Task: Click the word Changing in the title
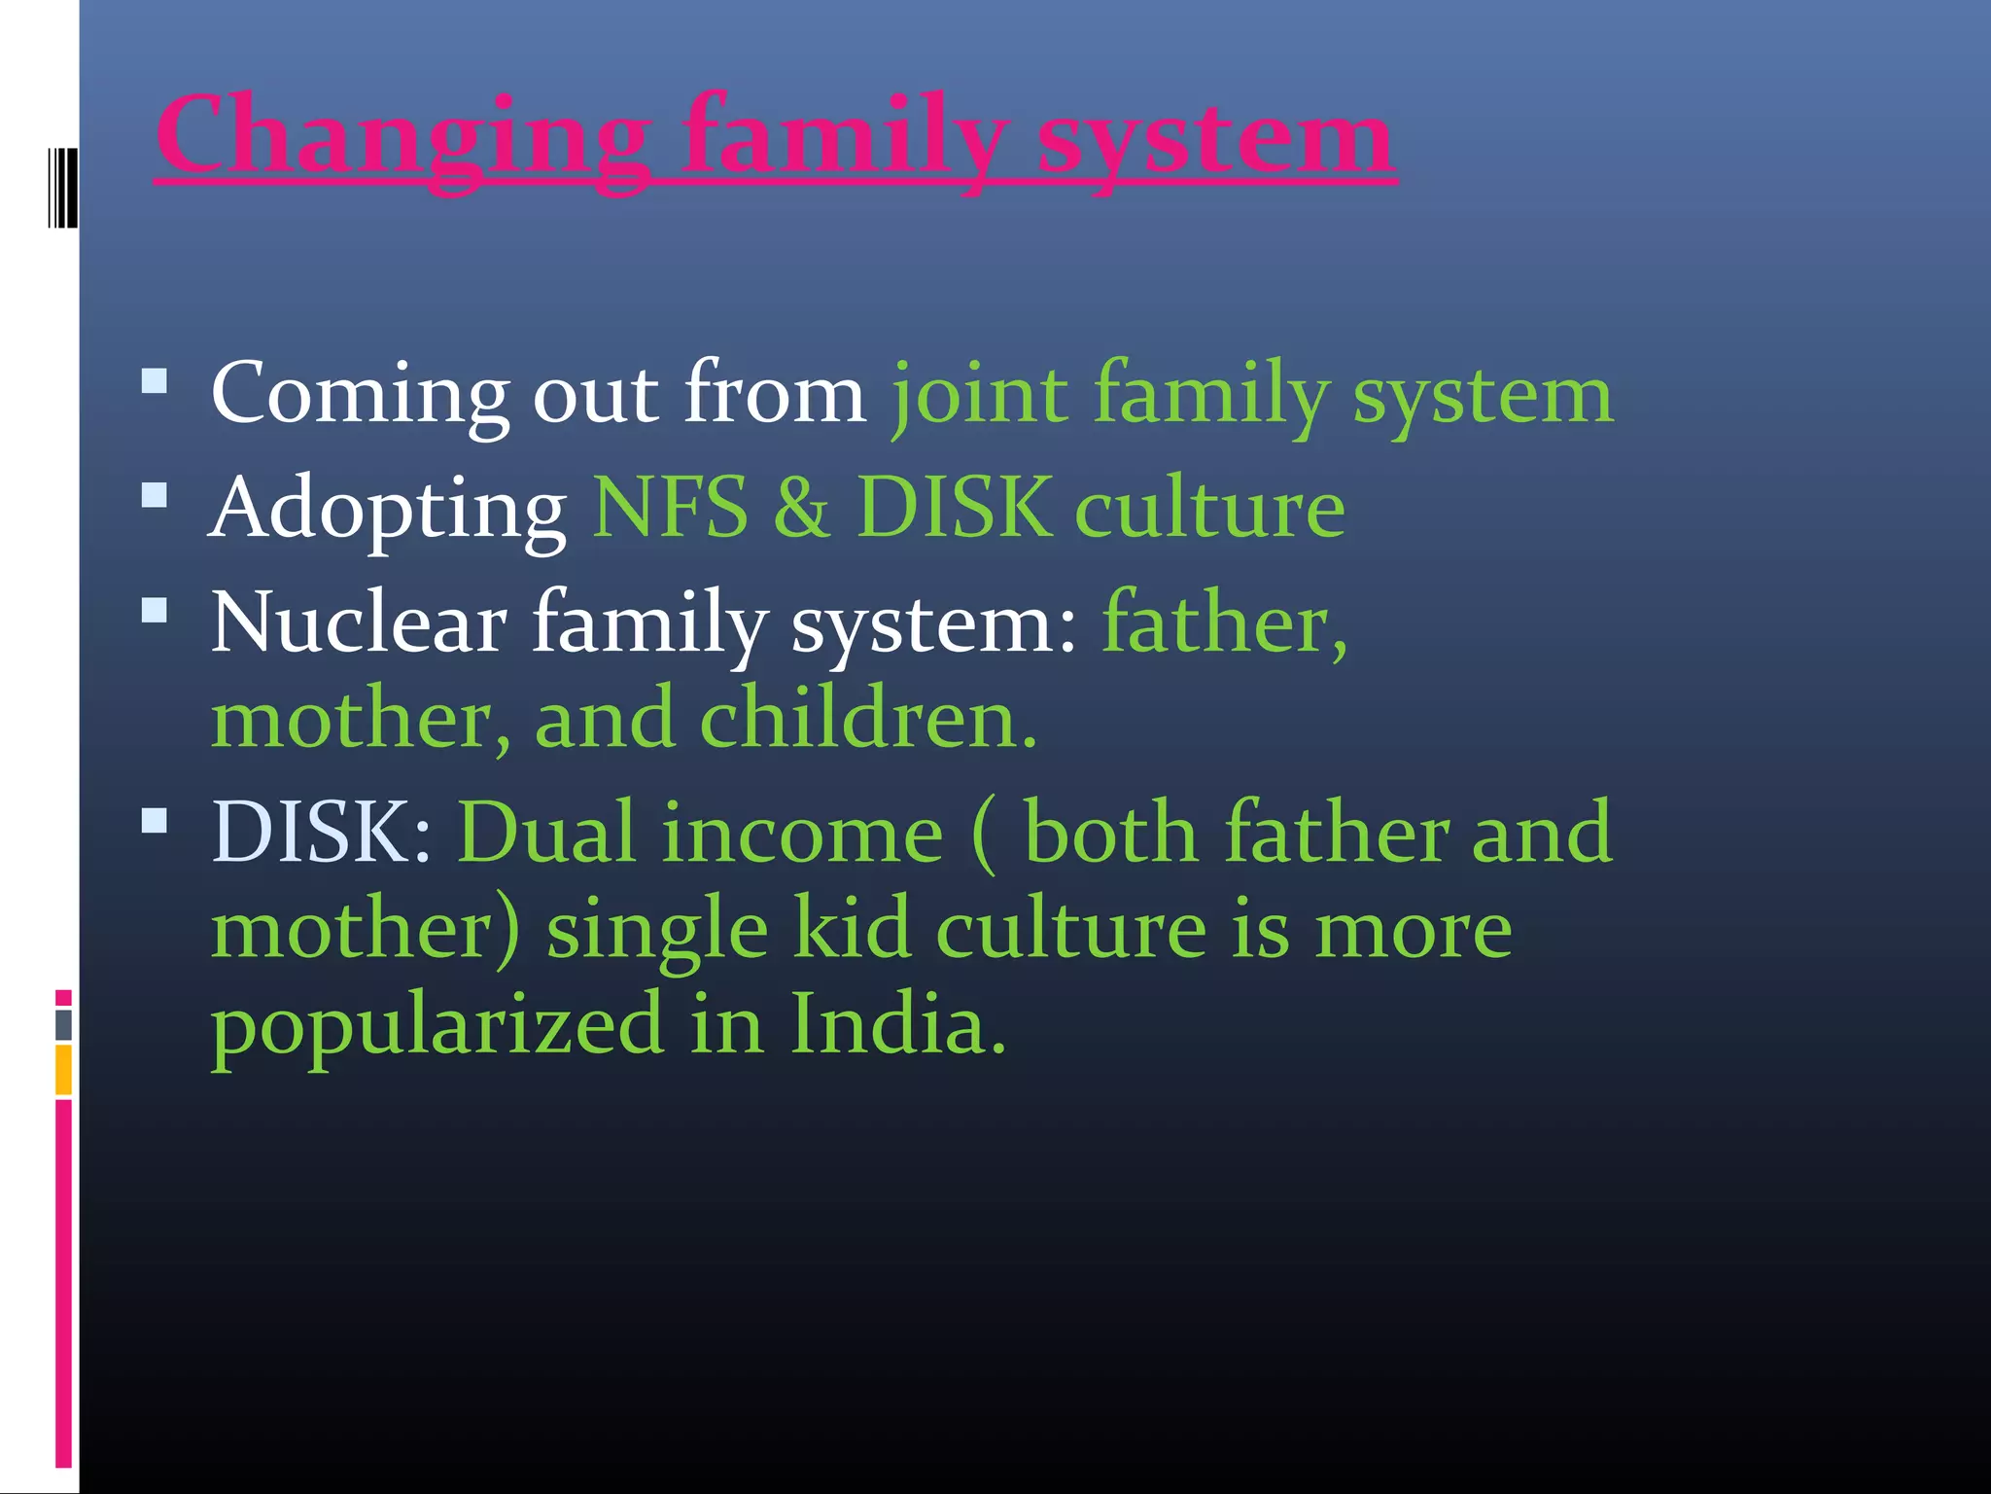[403, 136]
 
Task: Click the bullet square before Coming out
[154, 380]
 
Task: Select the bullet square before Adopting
[154, 496]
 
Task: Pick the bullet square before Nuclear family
[154, 611]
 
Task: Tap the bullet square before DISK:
[154, 822]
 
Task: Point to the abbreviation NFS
[671, 508]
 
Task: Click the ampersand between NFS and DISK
[802, 508]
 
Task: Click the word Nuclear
[359, 622]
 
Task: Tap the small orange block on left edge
[63, 1069]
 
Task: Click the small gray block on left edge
[63, 1024]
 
